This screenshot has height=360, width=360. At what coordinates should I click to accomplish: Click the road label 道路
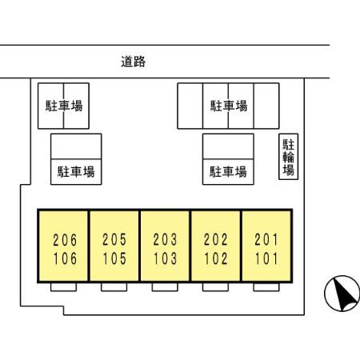[x=134, y=62]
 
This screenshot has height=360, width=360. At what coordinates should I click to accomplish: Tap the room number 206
[x=65, y=240]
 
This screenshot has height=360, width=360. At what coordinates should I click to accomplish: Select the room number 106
[x=65, y=258]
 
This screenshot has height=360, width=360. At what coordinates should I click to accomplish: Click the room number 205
[x=114, y=239]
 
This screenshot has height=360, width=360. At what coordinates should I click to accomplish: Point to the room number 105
[x=114, y=258]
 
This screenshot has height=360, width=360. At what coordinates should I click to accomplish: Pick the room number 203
[x=165, y=239]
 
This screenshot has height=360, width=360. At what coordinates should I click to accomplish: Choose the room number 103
[x=165, y=258]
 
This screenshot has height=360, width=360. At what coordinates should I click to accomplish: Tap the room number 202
[x=216, y=239]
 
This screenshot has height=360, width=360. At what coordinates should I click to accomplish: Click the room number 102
[x=216, y=258]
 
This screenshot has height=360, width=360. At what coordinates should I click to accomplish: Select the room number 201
[x=266, y=239]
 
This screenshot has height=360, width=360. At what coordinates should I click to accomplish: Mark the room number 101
[x=266, y=258]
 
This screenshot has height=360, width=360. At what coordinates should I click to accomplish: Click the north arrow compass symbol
[x=342, y=294]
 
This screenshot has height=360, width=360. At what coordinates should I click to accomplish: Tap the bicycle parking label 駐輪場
[x=289, y=157]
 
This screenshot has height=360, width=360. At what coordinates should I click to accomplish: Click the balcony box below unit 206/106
[x=63, y=287]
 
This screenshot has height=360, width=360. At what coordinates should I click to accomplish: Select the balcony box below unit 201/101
[x=266, y=287]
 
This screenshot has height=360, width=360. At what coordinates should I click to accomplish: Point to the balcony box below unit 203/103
[x=165, y=287]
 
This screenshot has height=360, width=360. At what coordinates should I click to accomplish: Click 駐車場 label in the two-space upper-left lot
[x=64, y=106]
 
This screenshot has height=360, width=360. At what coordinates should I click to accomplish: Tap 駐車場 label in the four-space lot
[x=229, y=106]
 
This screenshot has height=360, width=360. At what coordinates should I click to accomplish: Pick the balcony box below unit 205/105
[x=114, y=287]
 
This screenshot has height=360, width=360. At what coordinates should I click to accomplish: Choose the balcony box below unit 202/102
[x=215, y=287]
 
